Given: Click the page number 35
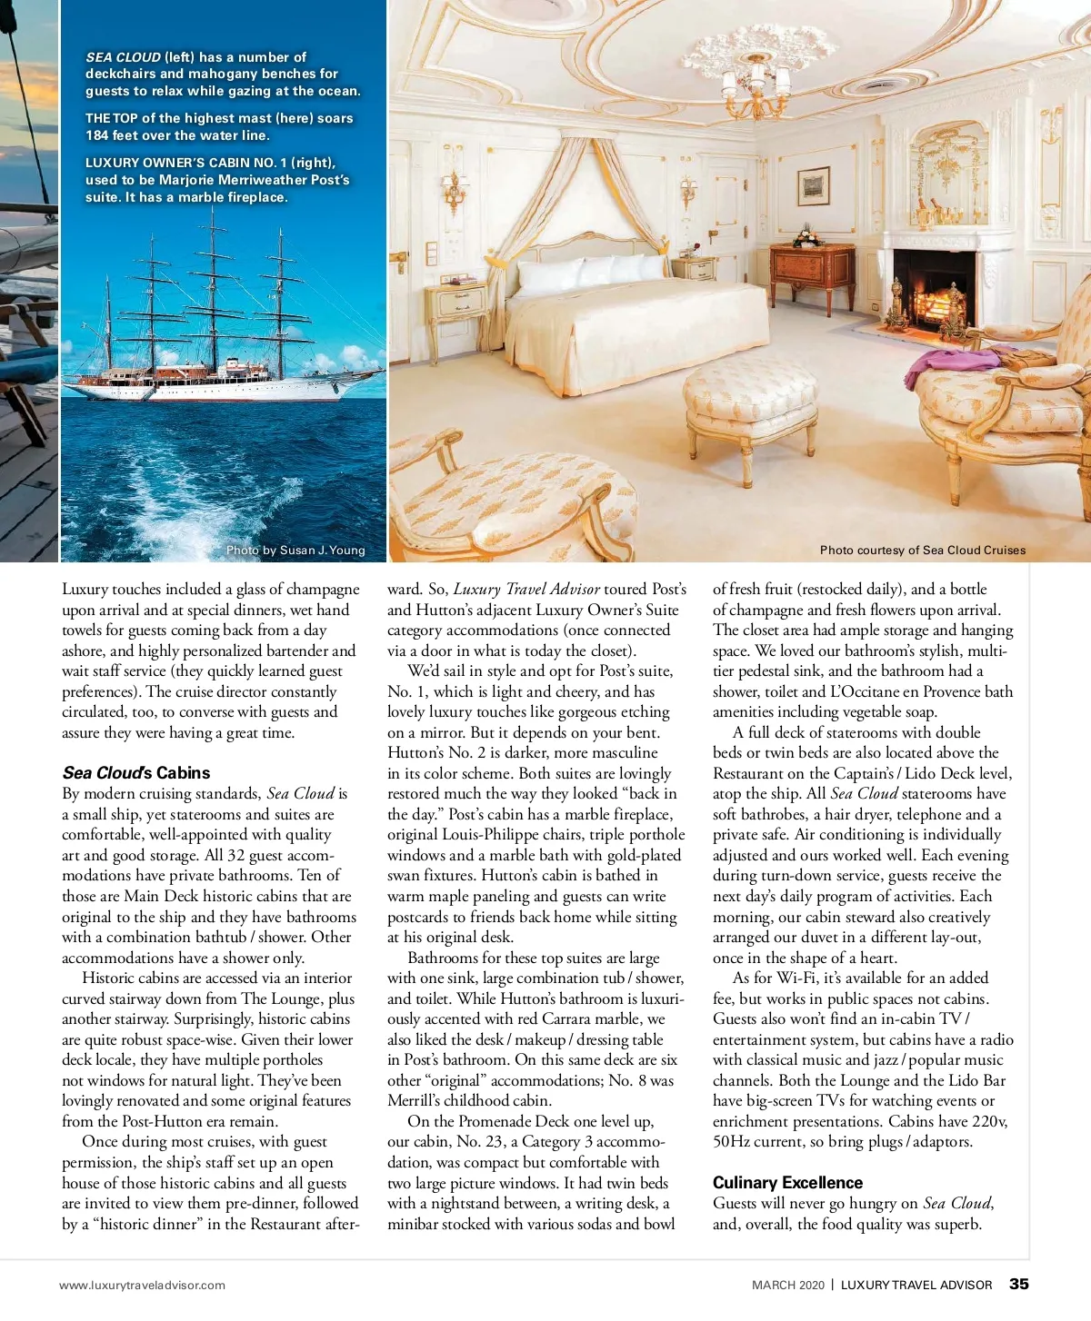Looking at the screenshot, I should coord(1019,1284).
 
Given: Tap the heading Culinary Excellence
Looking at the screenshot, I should coord(787,1182).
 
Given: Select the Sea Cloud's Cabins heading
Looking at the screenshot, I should coord(135,772).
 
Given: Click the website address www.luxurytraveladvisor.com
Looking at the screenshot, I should coord(142,1285).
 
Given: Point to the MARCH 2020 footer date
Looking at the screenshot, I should coord(787,1285).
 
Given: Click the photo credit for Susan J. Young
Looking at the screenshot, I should coord(295,550).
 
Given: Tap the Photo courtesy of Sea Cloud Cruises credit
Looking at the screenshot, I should coord(922,550).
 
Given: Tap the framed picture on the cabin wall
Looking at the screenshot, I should coord(813,186).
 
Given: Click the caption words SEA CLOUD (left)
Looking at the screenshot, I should coord(140,57).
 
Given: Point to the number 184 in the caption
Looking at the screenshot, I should coord(97,135).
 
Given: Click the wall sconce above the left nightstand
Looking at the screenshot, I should coord(452,191).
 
